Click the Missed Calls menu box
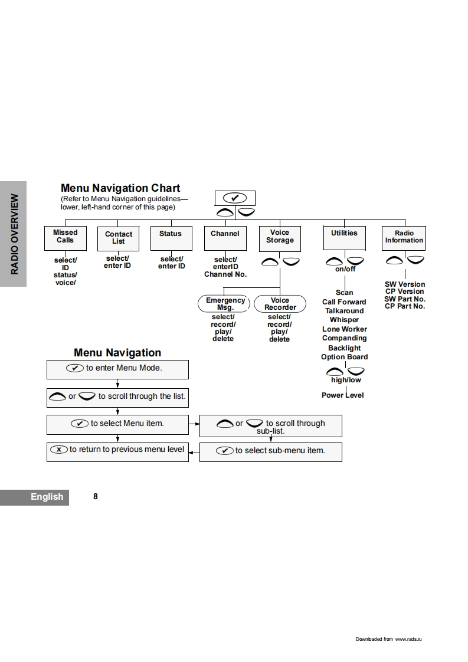pyautogui.click(x=65, y=237)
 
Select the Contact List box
pyautogui.click(x=118, y=238)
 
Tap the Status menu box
pyautogui.click(x=171, y=238)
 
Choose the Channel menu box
pyautogui.click(x=225, y=238)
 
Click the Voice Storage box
pyautogui.click(x=280, y=237)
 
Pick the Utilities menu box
pyautogui.click(x=344, y=237)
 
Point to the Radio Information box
pyautogui.click(x=404, y=237)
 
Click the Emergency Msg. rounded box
pyautogui.click(x=225, y=304)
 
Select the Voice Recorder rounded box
pyautogui.click(x=280, y=304)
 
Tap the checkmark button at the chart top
pyautogui.click(x=235, y=198)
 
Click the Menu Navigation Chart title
pyautogui.click(x=120, y=188)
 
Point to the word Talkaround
pyautogui.click(x=344, y=311)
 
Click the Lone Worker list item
pyautogui.click(x=344, y=329)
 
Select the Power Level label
pyautogui.click(x=343, y=395)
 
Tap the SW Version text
pyautogui.click(x=405, y=284)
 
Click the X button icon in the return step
pyautogui.click(x=59, y=450)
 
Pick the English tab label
pyautogui.click(x=47, y=497)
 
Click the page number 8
pyautogui.click(x=96, y=497)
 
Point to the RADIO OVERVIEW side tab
pyautogui.click(x=14, y=234)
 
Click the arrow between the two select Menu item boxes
pyautogui.click(x=194, y=424)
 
